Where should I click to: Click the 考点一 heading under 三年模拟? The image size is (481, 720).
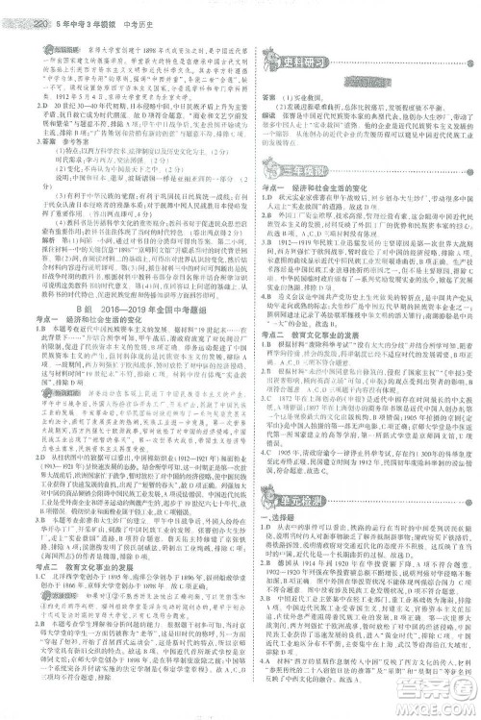tap(272, 188)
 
